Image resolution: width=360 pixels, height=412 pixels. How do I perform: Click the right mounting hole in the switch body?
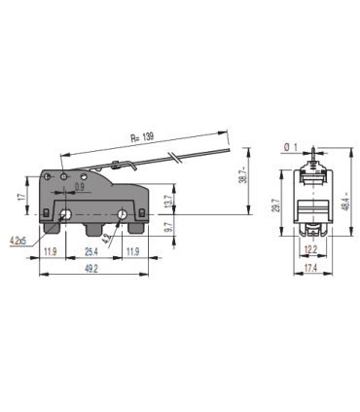coord(123,214)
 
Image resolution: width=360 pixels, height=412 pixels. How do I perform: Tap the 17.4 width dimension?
coord(310,268)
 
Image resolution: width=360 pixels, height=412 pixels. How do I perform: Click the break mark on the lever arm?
coord(173,157)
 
